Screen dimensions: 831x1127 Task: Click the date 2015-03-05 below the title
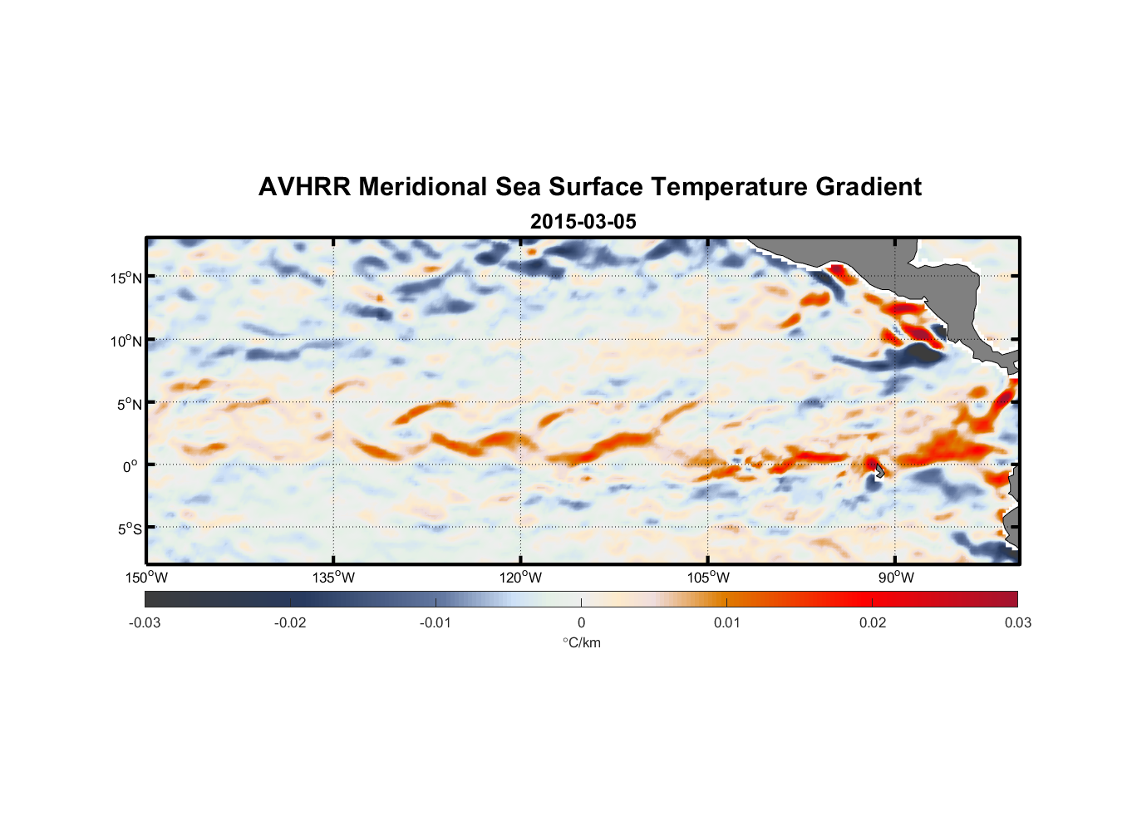[583, 222]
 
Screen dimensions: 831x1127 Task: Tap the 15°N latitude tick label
[126, 278]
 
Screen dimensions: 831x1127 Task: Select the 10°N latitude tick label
[126, 341]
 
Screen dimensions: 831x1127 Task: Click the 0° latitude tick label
[130, 466]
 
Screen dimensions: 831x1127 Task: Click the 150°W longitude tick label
[146, 578]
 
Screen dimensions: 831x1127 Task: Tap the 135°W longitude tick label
[333, 578]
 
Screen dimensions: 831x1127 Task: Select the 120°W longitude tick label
[520, 578]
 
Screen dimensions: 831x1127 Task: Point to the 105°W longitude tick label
[708, 578]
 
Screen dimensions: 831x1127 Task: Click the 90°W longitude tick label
[896, 578]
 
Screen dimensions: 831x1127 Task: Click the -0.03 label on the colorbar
[145, 622]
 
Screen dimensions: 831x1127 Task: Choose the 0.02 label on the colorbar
[873, 622]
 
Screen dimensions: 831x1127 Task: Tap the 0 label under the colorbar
[581, 622]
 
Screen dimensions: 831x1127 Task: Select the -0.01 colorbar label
[436, 622]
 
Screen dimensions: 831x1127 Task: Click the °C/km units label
[581, 642]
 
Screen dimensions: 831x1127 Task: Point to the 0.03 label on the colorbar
[1017, 622]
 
